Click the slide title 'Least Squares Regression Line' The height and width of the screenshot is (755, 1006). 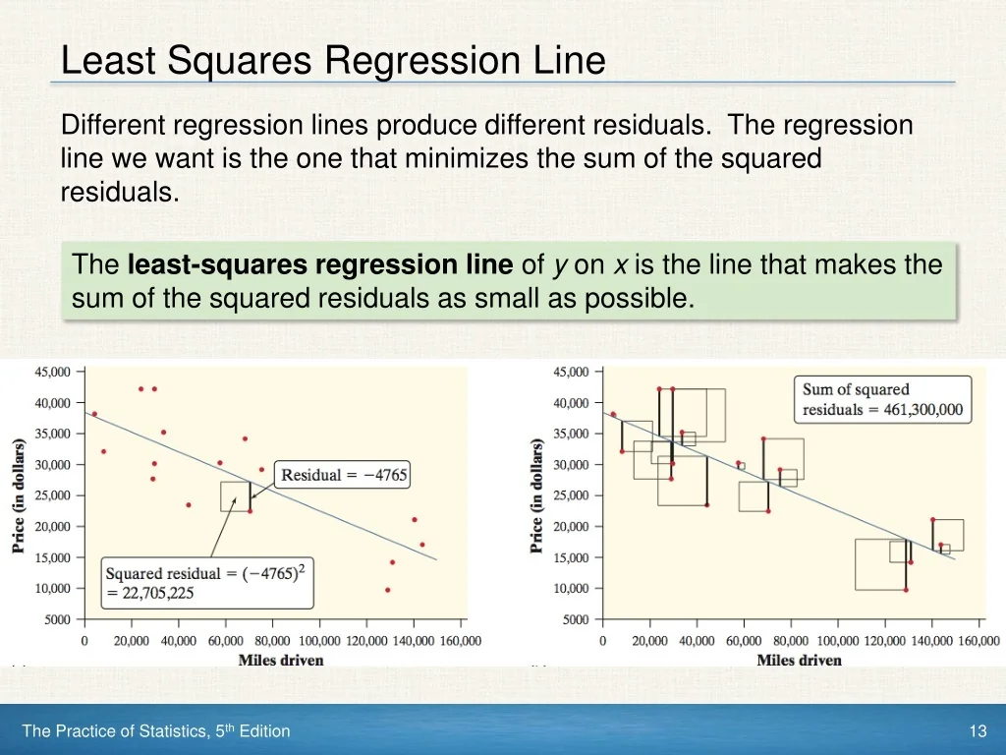tap(332, 61)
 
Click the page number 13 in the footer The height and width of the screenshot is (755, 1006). tap(977, 730)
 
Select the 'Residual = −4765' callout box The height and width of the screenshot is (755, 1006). tap(343, 475)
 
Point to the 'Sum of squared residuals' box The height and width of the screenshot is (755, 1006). tap(882, 399)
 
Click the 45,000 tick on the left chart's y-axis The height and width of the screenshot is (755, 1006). tap(52, 372)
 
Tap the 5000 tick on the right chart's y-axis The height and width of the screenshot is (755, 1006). tap(576, 619)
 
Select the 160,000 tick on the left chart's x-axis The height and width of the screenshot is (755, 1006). tap(460, 641)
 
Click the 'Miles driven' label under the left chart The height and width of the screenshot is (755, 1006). tap(281, 660)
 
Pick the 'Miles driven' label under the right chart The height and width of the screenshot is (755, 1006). tap(799, 660)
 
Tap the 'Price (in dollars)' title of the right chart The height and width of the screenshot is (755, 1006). tap(537, 495)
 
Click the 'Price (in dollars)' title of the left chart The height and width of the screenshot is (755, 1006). tap(19, 495)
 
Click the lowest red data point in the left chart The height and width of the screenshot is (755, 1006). tap(387, 590)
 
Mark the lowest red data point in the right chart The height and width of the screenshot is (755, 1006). tap(906, 590)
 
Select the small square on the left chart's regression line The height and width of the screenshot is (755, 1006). tap(235, 496)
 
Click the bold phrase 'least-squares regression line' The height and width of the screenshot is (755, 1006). tap(320, 264)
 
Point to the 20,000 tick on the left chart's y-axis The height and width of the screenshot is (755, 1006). tap(52, 526)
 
